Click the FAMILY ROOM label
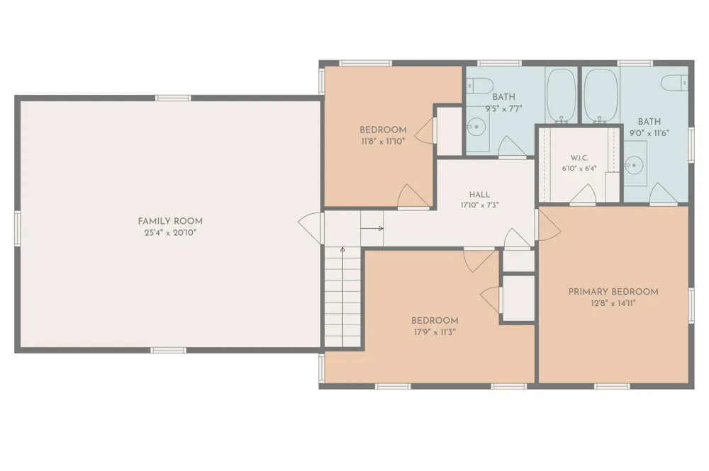tap(170, 221)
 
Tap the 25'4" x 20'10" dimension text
tap(170, 233)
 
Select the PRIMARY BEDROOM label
tap(613, 292)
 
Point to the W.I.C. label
tap(579, 158)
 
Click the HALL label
tap(479, 195)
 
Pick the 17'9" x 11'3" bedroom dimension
tap(435, 332)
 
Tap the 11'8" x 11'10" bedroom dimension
tap(383, 142)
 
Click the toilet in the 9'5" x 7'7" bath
tap(479, 85)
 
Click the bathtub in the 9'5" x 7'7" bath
tap(561, 96)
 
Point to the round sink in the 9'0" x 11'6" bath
tap(634, 165)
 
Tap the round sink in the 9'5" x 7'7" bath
tap(476, 127)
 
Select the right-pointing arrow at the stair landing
tap(372, 229)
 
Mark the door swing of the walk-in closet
tap(583, 193)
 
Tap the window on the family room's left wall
tap(17, 229)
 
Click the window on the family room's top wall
tap(173, 98)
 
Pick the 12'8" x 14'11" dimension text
tap(613, 303)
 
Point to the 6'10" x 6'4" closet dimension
tap(579, 169)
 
